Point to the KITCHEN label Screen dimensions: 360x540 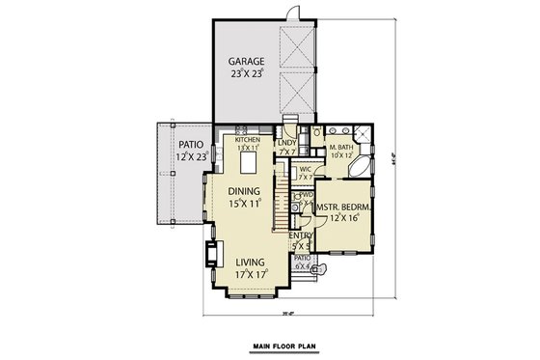(x=249, y=139)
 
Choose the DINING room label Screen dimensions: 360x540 (x=246, y=191)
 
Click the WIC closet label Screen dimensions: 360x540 (x=304, y=170)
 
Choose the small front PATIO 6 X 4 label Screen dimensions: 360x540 (x=303, y=263)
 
